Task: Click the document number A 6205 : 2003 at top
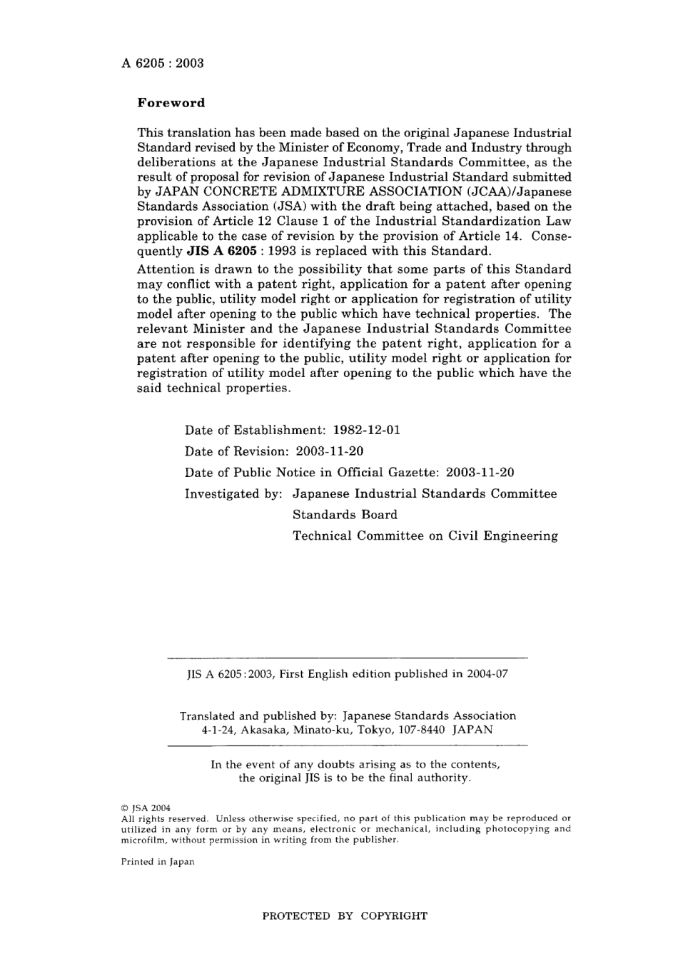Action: [163, 63]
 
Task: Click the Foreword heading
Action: [171, 103]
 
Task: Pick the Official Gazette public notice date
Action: [480, 473]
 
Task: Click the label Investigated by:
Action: [234, 494]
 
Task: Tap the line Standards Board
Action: [345, 515]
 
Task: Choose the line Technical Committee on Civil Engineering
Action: [425, 536]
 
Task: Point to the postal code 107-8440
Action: [421, 730]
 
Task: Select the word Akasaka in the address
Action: [263, 730]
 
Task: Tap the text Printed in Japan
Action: [158, 862]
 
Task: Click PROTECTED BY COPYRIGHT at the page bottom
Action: [345, 916]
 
